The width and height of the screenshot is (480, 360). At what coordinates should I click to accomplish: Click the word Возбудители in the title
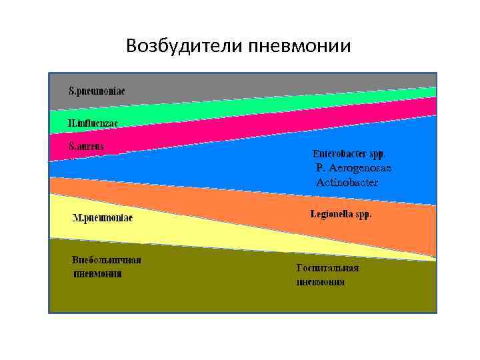184,46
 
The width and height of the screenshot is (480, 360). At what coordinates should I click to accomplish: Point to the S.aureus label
87,145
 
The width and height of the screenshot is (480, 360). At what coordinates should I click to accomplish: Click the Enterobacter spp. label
349,153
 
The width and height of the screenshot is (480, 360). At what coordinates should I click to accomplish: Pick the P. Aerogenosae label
353,168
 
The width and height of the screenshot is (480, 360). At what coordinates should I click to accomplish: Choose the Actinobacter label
347,182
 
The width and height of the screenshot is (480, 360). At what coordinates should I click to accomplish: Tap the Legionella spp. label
341,214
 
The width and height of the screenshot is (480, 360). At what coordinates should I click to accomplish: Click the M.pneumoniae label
102,218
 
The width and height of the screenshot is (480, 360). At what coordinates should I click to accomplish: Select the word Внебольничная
107,260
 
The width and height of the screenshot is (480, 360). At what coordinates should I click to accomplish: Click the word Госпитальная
327,268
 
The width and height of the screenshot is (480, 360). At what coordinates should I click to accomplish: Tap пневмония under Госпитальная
321,282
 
